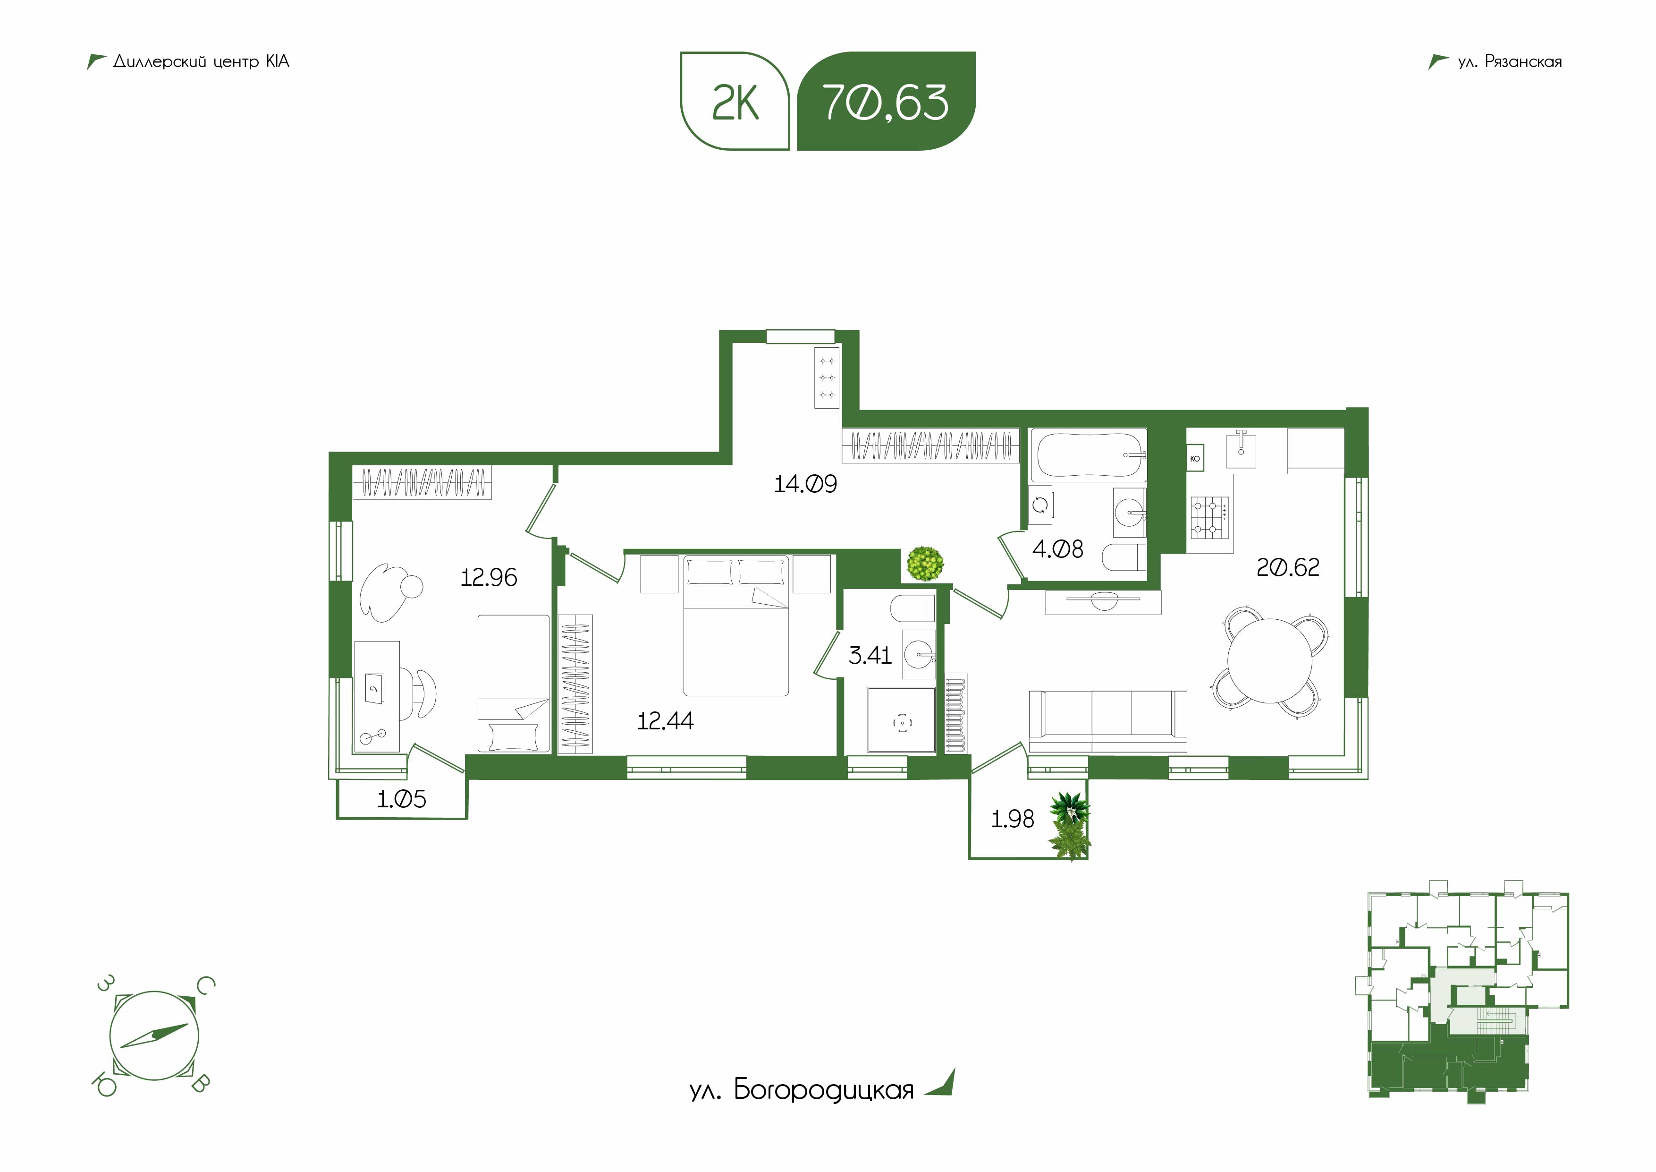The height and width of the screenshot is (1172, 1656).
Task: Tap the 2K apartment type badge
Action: pos(735,102)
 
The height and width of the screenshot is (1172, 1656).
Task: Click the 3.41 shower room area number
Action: pos(870,655)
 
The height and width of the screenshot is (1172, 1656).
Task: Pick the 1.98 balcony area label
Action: pos(1013,819)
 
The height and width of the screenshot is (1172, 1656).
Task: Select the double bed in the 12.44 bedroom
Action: pos(735,625)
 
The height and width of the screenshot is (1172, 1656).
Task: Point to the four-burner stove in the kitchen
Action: pos(1209,517)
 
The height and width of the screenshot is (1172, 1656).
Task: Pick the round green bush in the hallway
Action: pos(925,563)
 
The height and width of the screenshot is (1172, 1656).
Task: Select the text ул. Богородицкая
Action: pos(801,1090)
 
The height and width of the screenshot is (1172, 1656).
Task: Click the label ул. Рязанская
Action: pos(1510,62)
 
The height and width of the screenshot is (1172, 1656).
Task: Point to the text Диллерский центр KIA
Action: pos(201,62)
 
